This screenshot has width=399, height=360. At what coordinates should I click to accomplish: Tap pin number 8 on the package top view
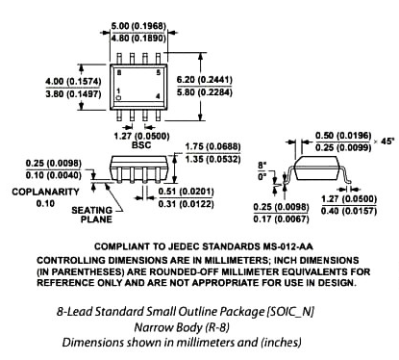click(x=119, y=73)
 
